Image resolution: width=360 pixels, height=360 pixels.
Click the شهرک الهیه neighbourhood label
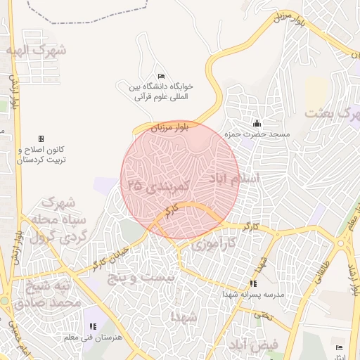click(35, 51)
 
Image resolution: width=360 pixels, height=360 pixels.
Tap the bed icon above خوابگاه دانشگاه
click(161, 76)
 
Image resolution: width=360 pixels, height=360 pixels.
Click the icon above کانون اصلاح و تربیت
click(41, 139)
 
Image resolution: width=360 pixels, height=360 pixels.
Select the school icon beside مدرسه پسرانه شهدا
click(253, 284)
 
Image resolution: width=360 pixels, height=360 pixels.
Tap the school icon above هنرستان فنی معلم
click(94, 326)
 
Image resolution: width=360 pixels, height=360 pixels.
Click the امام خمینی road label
click(18, 337)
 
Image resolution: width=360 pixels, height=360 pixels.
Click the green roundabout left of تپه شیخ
click(4, 300)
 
